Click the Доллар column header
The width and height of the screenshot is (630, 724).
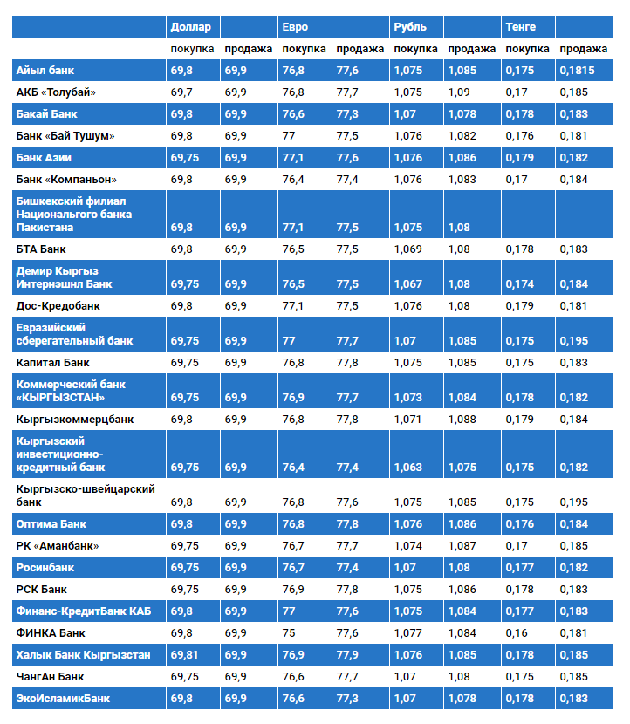coord(190,27)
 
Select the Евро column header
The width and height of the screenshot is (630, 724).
coord(295,27)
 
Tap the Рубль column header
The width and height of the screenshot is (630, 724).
coord(410,27)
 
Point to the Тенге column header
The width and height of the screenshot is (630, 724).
coord(520,27)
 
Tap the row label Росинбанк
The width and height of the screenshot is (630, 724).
coord(46,568)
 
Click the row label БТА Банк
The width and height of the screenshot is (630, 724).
coord(41,249)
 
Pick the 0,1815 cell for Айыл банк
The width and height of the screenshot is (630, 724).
coord(578,70)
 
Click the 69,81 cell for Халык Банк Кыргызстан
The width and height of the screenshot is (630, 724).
coord(187,654)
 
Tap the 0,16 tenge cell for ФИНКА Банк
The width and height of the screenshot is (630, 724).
coord(517,632)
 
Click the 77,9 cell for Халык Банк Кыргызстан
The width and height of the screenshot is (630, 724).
coord(348,654)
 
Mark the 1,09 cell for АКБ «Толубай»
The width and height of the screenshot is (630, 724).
coord(458,92)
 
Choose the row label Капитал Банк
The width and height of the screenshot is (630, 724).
coord(52,362)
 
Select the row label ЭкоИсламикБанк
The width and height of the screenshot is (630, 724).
coord(64,698)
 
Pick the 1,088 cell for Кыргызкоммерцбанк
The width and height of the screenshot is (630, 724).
coord(462,420)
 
